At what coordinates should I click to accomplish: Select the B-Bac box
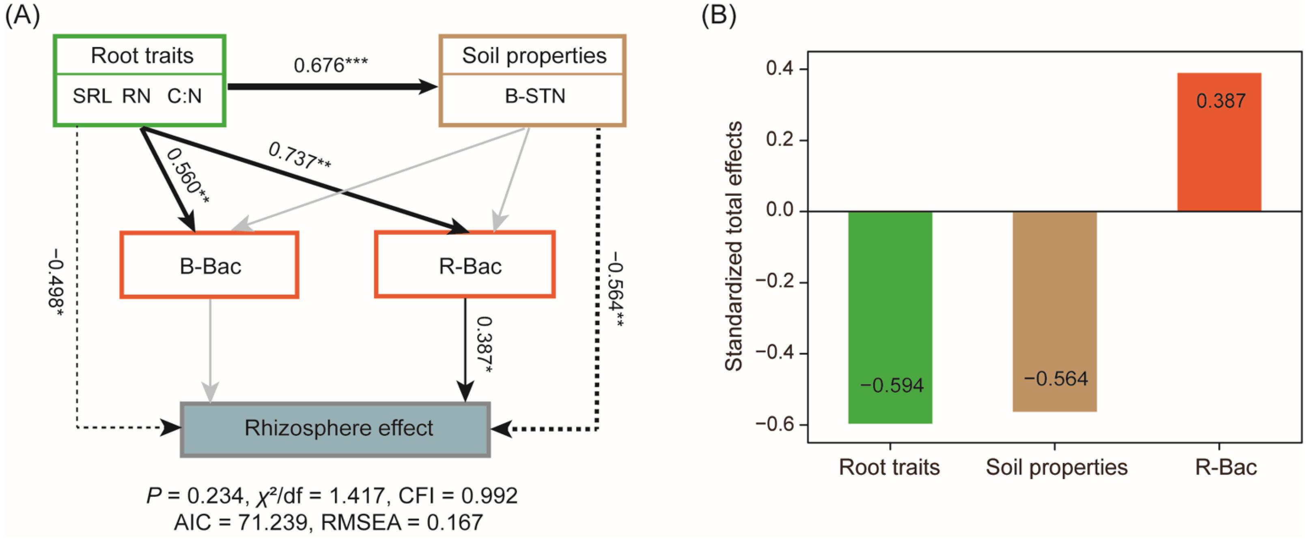210,266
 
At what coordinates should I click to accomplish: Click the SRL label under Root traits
92,96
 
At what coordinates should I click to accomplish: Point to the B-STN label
535,96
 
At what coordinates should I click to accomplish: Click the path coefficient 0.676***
330,65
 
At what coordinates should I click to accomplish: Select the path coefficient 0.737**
299,156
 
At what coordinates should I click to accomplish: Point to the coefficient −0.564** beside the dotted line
616,289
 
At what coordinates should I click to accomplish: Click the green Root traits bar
890,317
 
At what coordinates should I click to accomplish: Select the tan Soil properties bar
1054,311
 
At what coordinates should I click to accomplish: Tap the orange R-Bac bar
1219,142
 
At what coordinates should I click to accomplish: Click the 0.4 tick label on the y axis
780,69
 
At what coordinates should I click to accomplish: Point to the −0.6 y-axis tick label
775,424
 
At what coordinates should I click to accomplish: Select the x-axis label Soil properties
1056,467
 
